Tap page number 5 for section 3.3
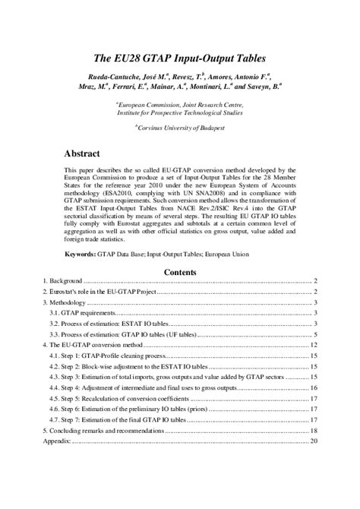(315, 334)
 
